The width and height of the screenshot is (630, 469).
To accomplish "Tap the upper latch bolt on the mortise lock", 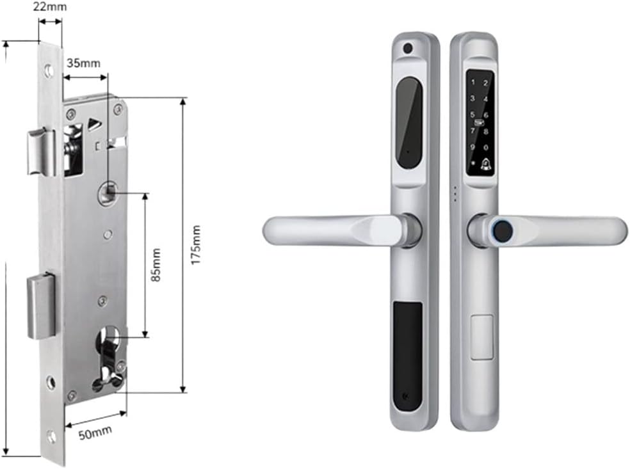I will pos(40,151).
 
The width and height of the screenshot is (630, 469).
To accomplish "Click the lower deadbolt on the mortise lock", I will pos(40,306).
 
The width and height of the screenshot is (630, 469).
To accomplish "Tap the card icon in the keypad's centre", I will pos(478,123).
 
